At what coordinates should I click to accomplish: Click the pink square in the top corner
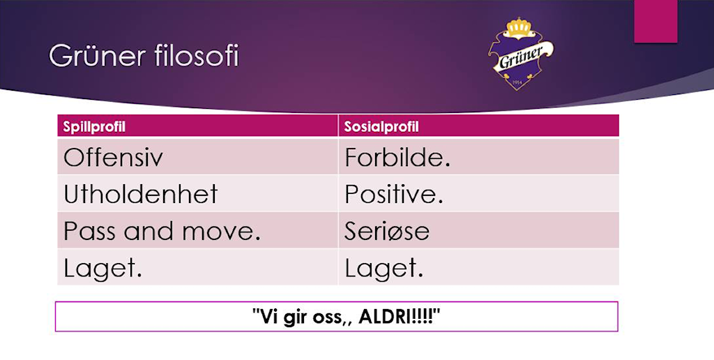point(655,21)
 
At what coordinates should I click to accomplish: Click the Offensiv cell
point(113,158)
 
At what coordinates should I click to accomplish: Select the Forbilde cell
point(397,158)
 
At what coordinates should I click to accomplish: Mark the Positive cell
point(394,194)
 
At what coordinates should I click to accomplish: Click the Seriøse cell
point(387,231)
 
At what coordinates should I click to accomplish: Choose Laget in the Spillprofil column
point(102,268)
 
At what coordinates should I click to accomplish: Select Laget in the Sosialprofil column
point(383,268)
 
